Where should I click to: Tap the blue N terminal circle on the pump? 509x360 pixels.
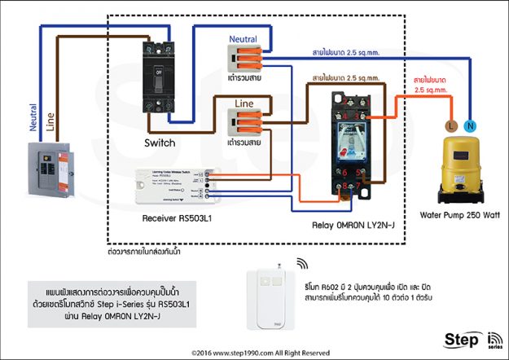(x=469, y=126)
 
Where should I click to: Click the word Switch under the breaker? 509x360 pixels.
(x=160, y=143)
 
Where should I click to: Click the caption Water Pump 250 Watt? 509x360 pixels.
(x=459, y=216)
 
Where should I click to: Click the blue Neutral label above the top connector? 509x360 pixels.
(x=243, y=38)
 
